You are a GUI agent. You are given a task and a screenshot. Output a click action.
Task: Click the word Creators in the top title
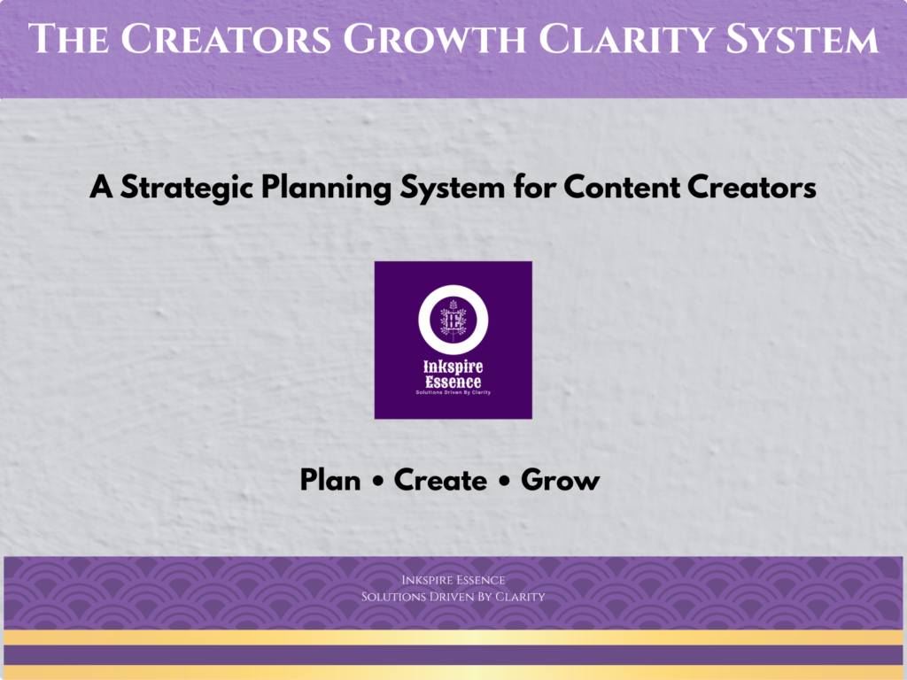point(226,39)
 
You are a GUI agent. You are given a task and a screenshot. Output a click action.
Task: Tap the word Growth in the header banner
point(434,39)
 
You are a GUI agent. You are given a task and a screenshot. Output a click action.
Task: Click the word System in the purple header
point(802,39)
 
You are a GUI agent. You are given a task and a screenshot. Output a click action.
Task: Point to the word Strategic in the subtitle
point(187,188)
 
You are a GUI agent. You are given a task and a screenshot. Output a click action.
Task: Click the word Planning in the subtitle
point(326,188)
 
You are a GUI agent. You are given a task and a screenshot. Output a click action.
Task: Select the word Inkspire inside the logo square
point(453,367)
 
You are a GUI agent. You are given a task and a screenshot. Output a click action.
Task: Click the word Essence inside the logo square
point(453,382)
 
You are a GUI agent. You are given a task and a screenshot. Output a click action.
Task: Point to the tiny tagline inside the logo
point(453,392)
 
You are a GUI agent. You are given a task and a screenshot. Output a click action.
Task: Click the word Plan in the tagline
point(330,480)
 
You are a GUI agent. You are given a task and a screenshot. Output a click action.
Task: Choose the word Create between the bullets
point(440,480)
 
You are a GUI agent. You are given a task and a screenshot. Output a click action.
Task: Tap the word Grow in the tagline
point(560,480)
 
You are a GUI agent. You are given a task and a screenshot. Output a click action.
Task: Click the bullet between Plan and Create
point(377,481)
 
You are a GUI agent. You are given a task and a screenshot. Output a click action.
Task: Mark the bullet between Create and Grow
point(504,481)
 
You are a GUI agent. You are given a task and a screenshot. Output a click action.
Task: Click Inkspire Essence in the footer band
point(453,580)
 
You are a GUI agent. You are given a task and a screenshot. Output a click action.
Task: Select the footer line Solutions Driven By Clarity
point(453,597)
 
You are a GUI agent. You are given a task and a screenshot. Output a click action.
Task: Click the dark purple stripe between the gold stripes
point(453,655)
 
